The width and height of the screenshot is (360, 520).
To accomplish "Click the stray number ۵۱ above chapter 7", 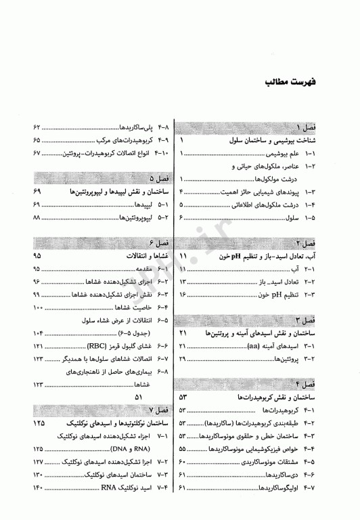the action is [139, 397].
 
